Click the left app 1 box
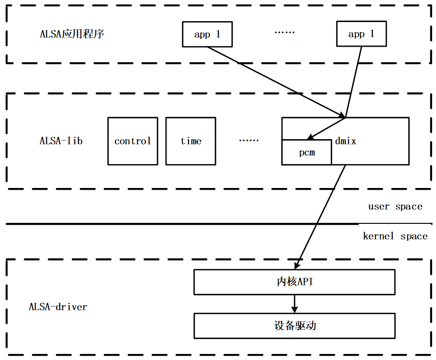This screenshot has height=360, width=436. (x=207, y=35)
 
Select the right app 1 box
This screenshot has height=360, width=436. (x=361, y=35)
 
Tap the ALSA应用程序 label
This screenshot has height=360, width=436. (x=72, y=34)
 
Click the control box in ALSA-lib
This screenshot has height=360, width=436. (x=133, y=141)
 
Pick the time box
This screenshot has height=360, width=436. (x=191, y=141)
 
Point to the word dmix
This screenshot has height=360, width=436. (x=346, y=141)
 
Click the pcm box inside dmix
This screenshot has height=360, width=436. (x=307, y=153)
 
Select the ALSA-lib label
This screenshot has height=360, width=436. (x=61, y=141)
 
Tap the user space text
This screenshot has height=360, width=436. (x=395, y=207)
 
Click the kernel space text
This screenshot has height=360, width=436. (x=395, y=236)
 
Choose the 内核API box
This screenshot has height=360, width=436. (x=295, y=282)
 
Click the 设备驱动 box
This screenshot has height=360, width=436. (x=295, y=325)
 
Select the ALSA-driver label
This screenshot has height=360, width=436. (x=58, y=307)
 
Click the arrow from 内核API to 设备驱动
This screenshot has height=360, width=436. (x=295, y=304)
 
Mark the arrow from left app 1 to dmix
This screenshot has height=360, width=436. (x=277, y=82)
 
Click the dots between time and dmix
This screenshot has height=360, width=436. (x=249, y=140)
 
